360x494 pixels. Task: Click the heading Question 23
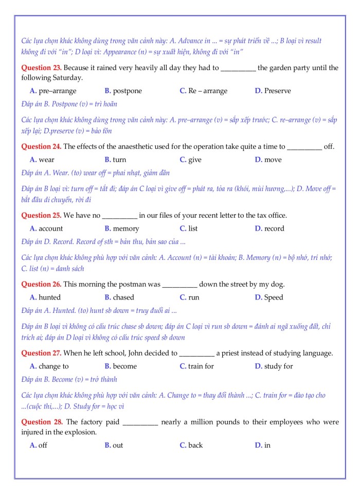(41, 68)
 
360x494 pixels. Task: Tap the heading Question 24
(41, 147)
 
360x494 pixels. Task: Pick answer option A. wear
(42, 160)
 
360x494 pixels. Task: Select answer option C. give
(190, 160)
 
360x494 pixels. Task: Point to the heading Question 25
(41, 216)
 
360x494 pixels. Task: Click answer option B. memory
(122, 228)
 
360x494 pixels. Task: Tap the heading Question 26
(41, 284)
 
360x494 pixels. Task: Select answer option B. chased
(119, 297)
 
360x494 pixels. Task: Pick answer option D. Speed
(269, 297)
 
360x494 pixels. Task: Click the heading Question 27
(41, 353)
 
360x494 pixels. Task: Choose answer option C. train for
(196, 366)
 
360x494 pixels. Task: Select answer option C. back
(191, 446)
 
